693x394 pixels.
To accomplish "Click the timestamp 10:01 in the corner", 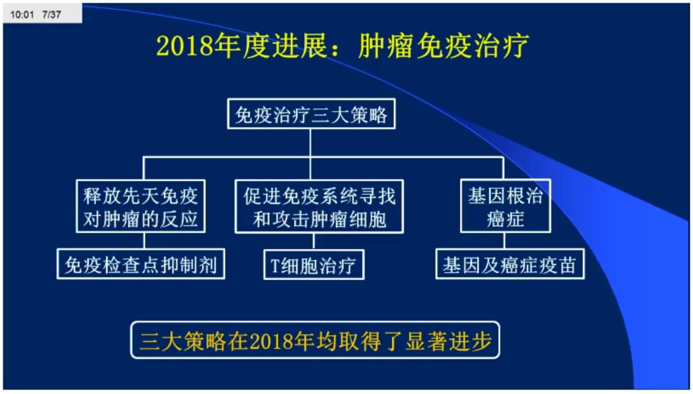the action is tap(22, 14).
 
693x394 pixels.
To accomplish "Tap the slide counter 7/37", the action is tap(52, 14).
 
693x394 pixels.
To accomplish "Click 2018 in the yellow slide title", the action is tap(185, 46).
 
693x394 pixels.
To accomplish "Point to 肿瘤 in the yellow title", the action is tap(386, 46).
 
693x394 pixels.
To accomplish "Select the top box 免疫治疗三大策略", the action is tap(311, 114).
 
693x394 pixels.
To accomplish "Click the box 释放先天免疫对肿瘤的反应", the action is tap(141, 206).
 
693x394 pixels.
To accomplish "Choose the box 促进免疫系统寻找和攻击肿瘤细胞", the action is tap(319, 207).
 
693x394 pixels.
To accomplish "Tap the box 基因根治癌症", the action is tap(506, 206).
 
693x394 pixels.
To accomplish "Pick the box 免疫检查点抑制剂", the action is tap(141, 264).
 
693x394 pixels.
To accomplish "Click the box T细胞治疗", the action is tap(314, 265).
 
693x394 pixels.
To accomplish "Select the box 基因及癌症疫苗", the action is tap(510, 264).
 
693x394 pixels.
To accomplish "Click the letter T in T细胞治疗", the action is tap(276, 265).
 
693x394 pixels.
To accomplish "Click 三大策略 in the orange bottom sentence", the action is tap(183, 341).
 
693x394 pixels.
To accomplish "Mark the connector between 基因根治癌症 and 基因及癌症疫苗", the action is tap(504, 241).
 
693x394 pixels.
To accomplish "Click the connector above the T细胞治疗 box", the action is tap(314, 242).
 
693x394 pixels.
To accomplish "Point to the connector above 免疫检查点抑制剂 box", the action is tap(144, 241).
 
